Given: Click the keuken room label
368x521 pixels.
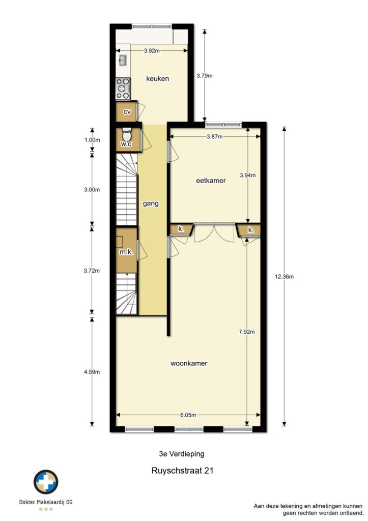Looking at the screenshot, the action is (x=158, y=79).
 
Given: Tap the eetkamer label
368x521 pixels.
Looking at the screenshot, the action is (x=211, y=181).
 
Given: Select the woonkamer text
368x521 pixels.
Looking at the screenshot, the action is (x=189, y=363).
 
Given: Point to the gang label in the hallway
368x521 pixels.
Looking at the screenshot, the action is (x=151, y=204).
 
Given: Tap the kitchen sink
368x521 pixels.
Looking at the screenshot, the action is (x=123, y=61).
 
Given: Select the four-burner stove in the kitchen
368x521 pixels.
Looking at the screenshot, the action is (x=123, y=89).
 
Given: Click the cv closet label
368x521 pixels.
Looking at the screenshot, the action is (x=127, y=112).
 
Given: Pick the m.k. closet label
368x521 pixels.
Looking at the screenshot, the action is (x=126, y=252).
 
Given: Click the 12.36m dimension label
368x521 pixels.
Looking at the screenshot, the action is (x=284, y=276).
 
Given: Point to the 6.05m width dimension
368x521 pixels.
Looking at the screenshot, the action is (x=188, y=415).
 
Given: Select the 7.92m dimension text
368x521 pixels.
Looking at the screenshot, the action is (x=247, y=332).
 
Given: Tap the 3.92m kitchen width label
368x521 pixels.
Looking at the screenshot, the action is (x=152, y=51).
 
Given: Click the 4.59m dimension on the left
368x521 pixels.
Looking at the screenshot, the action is (x=92, y=372).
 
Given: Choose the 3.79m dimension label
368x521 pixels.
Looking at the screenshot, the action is (x=205, y=75).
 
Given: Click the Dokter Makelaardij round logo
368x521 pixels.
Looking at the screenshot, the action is (x=46, y=482).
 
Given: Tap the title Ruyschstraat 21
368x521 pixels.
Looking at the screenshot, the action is (x=183, y=471).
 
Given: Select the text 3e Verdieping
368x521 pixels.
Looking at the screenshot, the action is (x=182, y=454).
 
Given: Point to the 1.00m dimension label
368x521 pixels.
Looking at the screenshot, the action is (x=92, y=140).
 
